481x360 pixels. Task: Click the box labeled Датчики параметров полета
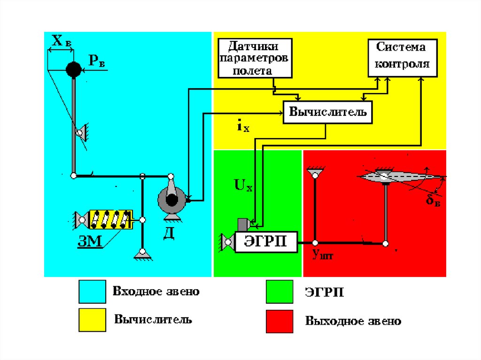(x=255, y=58)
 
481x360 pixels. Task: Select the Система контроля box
(x=403, y=58)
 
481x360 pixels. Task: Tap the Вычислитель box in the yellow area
(x=327, y=112)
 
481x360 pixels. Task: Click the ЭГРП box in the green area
(x=266, y=242)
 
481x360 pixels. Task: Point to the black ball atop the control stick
(x=74, y=69)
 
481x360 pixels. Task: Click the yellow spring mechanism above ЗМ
(x=111, y=220)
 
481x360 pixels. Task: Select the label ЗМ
(x=90, y=241)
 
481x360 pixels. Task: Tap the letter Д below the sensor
(x=169, y=233)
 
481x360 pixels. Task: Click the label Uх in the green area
(x=243, y=185)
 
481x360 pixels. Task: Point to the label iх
(x=243, y=126)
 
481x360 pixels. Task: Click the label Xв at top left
(x=62, y=41)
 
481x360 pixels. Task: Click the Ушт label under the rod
(x=322, y=254)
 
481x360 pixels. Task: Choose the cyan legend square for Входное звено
(x=93, y=291)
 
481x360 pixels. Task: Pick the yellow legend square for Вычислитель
(x=93, y=320)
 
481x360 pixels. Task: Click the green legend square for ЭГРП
(x=279, y=291)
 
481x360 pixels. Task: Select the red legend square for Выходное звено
(x=279, y=322)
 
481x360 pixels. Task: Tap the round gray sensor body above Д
(x=172, y=200)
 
